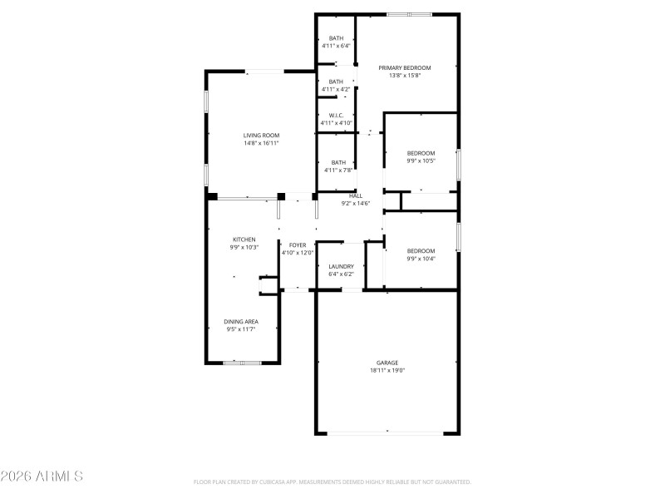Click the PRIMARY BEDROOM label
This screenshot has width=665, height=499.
pos(405,67)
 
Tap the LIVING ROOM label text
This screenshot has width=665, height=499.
pos(261,135)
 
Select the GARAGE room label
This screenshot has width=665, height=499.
pos(387,363)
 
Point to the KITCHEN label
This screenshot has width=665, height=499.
pos(244,240)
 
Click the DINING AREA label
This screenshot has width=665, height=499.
pos(241,321)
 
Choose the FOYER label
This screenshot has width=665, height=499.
pos(298,245)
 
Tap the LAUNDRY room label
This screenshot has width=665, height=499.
pos(341,266)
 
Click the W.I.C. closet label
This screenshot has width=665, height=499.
pos(337,116)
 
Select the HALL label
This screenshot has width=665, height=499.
pos(356,195)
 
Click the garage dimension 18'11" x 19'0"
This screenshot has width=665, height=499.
pos(387,371)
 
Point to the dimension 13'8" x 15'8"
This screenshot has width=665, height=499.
pos(405,76)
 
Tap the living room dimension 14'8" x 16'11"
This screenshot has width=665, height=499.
pos(261,143)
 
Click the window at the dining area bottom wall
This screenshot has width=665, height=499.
pos(242,363)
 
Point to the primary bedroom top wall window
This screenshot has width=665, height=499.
pos(409,14)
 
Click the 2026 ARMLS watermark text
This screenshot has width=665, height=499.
pos(42,477)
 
